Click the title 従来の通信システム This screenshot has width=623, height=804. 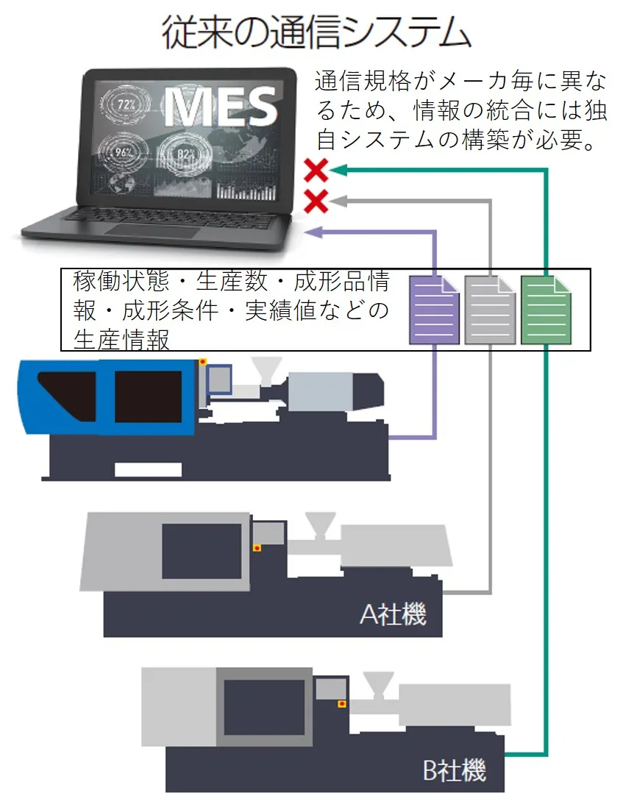pyautogui.click(x=316, y=33)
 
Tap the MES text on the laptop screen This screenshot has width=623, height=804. pyautogui.click(x=221, y=106)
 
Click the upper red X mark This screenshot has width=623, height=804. pyautogui.click(x=316, y=171)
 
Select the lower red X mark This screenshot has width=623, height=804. pyautogui.click(x=316, y=199)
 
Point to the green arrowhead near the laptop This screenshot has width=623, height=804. pyautogui.click(x=338, y=171)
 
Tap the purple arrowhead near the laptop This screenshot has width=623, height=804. pyautogui.click(x=313, y=232)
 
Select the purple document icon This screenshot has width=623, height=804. pyautogui.click(x=435, y=310)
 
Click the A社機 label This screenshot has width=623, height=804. pyautogui.click(x=393, y=614)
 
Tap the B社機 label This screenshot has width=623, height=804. pyautogui.click(x=455, y=770)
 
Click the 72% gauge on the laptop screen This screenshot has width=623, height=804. pyautogui.click(x=127, y=104)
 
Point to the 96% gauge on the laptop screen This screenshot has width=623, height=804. pyautogui.click(x=124, y=154)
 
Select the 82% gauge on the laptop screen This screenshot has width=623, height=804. pyautogui.click(x=185, y=153)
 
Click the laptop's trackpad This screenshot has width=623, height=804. pyautogui.click(x=152, y=232)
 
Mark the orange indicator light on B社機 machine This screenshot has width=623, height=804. pyautogui.click(x=341, y=704)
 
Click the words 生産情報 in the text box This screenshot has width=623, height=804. pyautogui.click(x=121, y=340)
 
